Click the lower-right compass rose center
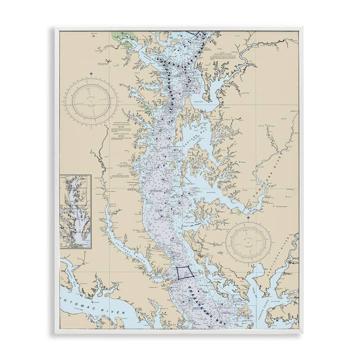pos(248,243)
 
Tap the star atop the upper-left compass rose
pos(91,74)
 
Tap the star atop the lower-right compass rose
pos(248,218)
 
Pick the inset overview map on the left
pos(75,211)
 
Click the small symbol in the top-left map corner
pos(93,35)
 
